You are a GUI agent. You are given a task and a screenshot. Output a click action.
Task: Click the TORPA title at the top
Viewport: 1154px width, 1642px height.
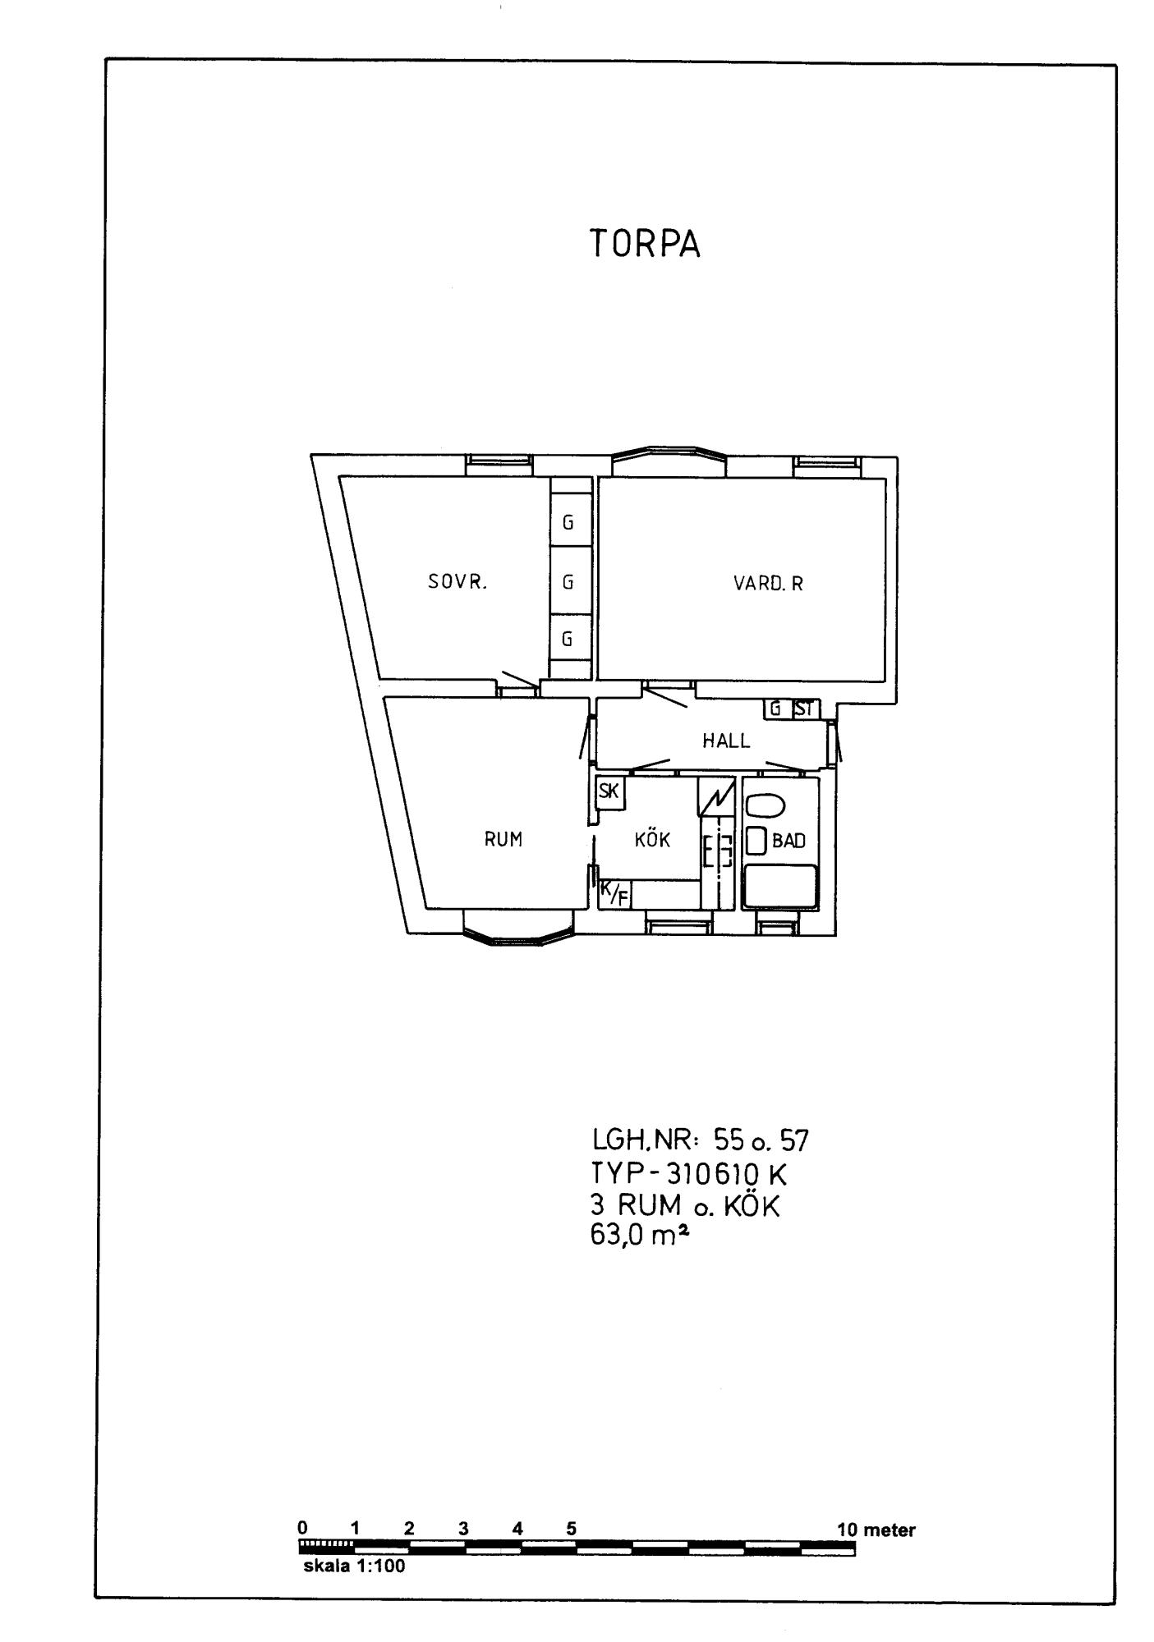[x=645, y=245]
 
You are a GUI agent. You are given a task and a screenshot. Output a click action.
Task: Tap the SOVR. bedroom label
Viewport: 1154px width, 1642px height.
[x=457, y=583]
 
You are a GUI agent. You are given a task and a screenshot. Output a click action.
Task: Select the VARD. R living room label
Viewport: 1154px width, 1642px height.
[x=769, y=584]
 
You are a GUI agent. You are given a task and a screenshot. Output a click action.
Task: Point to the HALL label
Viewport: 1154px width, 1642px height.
[x=726, y=741]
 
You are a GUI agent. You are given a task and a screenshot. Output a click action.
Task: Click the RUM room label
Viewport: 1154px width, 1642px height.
[x=503, y=839]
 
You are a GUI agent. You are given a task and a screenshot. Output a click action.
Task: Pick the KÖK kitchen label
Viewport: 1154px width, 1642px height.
[x=652, y=839]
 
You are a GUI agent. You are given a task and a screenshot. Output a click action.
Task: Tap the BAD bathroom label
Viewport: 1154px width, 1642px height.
[x=788, y=841]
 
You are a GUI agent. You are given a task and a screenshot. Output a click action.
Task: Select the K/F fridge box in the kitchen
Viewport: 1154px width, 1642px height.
[x=614, y=893]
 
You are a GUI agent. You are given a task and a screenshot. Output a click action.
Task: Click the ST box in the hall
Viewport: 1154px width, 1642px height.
[x=803, y=709]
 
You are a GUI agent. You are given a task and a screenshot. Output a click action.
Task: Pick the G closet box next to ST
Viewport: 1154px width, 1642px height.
[x=775, y=709]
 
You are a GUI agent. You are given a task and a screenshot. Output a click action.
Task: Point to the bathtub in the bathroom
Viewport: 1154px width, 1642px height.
[x=780, y=886]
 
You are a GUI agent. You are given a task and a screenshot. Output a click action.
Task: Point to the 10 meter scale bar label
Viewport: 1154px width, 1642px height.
[x=876, y=1530]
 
